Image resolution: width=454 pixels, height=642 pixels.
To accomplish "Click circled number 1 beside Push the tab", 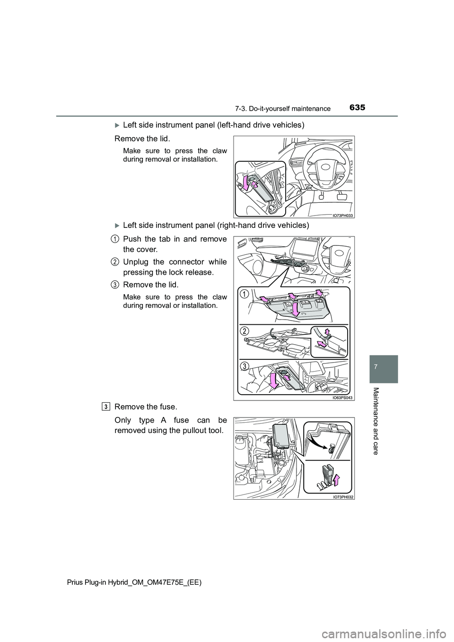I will pyautogui.click(x=115, y=238).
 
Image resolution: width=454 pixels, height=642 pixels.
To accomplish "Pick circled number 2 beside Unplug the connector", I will pyautogui.click(x=115, y=261).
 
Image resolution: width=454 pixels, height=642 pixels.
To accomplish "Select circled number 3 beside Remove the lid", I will pyautogui.click(x=115, y=284).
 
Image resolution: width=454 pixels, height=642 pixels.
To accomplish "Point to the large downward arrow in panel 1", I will pyautogui.click(x=295, y=309).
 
